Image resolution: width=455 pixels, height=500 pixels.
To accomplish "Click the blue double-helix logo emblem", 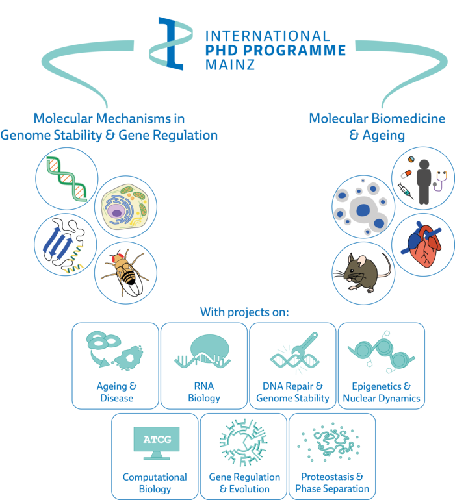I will (x=173, y=43).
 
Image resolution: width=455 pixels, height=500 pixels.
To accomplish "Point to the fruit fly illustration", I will (x=125, y=272).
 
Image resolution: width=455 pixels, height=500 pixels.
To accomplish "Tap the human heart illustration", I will (x=422, y=242).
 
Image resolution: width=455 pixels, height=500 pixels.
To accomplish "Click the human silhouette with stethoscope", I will (x=423, y=178).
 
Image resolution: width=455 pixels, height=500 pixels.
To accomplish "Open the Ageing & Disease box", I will (x=115, y=366).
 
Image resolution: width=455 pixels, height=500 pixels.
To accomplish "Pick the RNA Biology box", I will (x=203, y=366).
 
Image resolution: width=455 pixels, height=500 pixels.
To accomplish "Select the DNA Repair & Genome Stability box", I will (x=292, y=366).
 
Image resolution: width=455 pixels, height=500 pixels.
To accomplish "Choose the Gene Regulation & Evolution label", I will (x=244, y=483).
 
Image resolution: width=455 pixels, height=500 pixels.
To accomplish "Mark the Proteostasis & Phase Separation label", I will (x=331, y=483).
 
